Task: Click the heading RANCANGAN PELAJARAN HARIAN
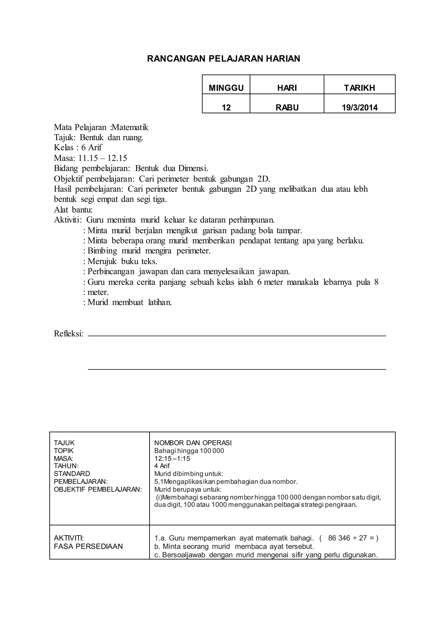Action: pyautogui.click(x=224, y=59)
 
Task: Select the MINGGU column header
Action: pyautogui.click(x=226, y=88)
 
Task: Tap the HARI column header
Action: pyautogui.click(x=287, y=88)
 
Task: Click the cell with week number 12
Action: pyautogui.click(x=226, y=107)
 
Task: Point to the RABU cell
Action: pyautogui.click(x=287, y=107)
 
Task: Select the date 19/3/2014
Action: pyautogui.click(x=360, y=107)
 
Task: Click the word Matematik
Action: pyautogui.click(x=130, y=127)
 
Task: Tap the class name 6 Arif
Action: pyautogui.click(x=91, y=148)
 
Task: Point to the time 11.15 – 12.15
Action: pyautogui.click(x=103, y=158)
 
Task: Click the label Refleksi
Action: pyautogui.click(x=68, y=334)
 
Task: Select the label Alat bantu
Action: pyautogui.click(x=73, y=210)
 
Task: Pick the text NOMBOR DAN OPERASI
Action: pyautogui.click(x=193, y=443)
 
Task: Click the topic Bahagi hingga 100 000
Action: pyautogui.click(x=189, y=451)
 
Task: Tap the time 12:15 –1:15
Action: pyautogui.click(x=172, y=459)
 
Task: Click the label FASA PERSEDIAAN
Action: pyautogui.click(x=88, y=546)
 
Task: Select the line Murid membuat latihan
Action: pyautogui.click(x=129, y=303)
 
